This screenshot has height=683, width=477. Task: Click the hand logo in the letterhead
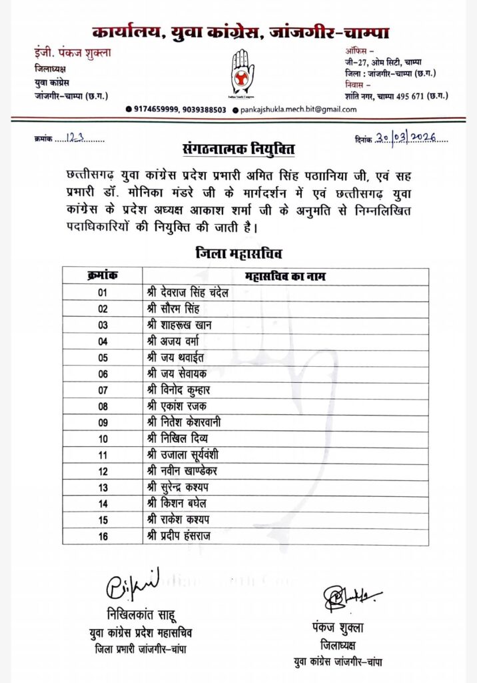242,71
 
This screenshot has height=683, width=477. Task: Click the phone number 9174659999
157,109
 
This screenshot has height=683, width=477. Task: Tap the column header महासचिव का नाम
285,275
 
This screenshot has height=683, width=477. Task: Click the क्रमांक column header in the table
102,275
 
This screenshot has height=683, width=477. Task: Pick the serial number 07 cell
102,389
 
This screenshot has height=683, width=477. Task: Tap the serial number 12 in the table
102,472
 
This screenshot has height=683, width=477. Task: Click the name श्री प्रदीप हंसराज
178,536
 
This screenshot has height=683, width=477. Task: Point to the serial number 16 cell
102,536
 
